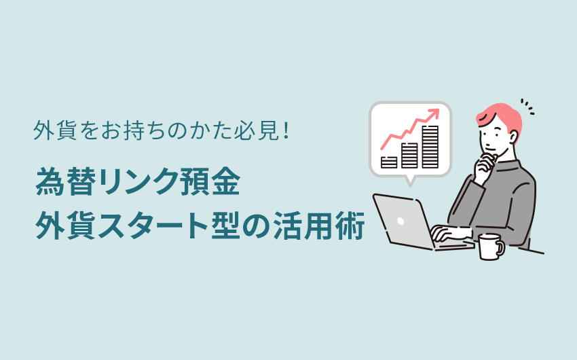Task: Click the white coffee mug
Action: (491, 247)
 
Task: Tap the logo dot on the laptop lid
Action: (401, 221)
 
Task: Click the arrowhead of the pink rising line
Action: (434, 112)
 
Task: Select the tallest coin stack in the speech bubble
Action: (430, 147)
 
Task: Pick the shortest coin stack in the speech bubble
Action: (389, 162)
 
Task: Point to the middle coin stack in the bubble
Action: (409, 156)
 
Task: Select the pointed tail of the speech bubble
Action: (410, 181)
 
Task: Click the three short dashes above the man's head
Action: (527, 106)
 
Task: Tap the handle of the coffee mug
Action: (501, 247)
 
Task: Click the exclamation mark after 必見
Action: (286, 130)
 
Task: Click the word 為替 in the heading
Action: (66, 181)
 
